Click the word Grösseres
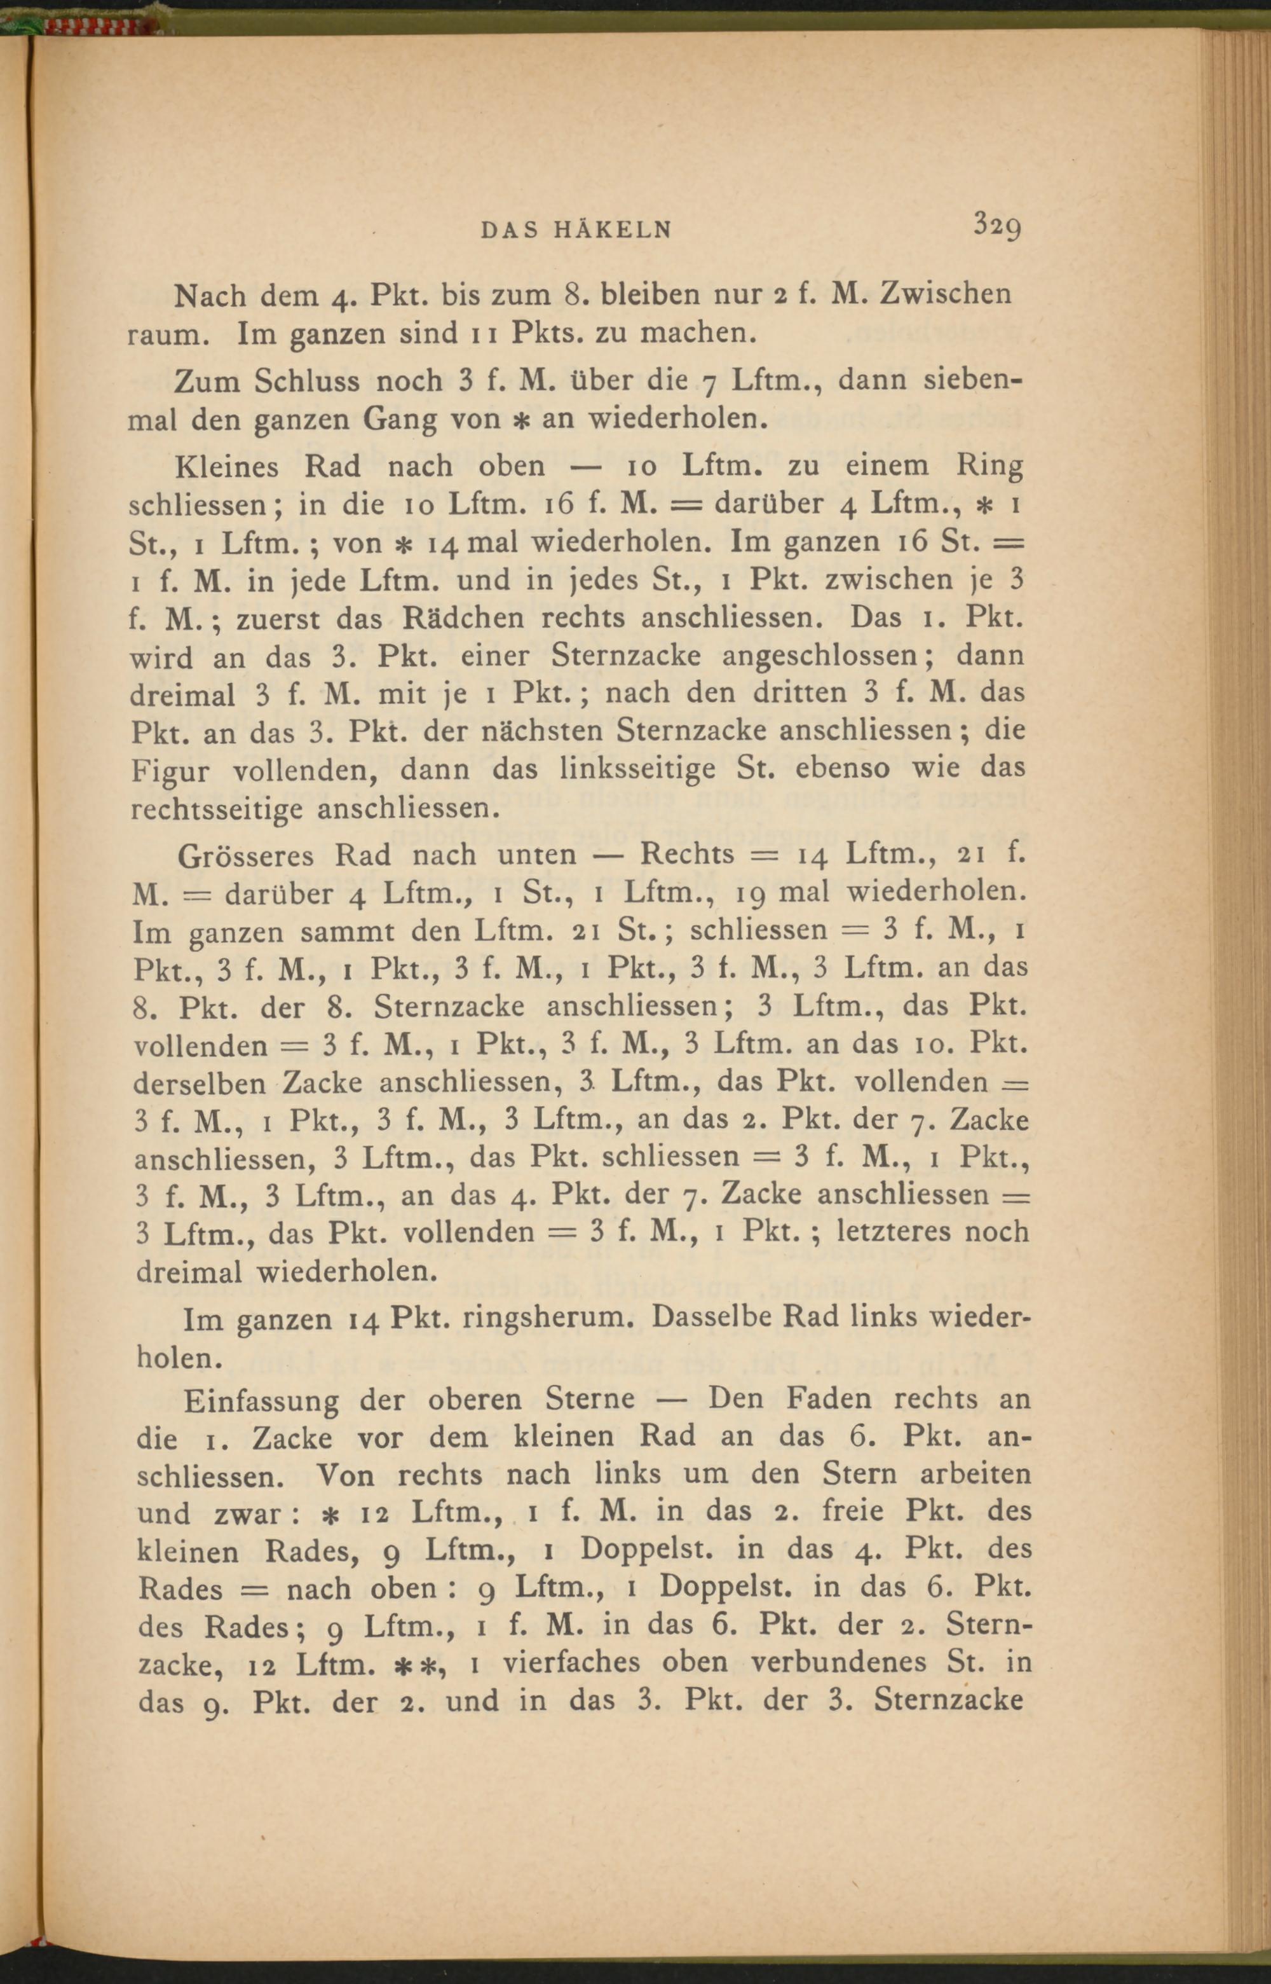click(x=246, y=855)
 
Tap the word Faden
click(x=829, y=1398)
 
